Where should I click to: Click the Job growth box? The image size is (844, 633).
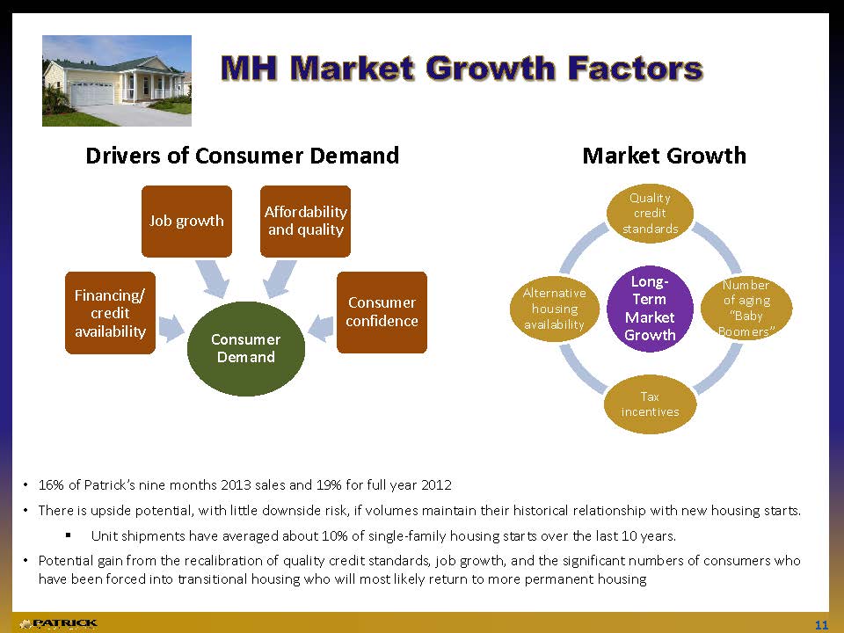[186, 222]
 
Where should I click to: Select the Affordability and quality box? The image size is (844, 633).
[305, 222]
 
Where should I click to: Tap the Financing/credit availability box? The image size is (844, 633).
[111, 313]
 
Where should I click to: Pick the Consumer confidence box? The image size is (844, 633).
[382, 312]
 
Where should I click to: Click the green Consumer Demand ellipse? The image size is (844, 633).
[246, 349]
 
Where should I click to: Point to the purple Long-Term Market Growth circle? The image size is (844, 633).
[650, 309]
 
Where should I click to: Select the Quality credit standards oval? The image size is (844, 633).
[650, 213]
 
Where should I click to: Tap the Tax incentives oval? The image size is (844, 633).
[650, 404]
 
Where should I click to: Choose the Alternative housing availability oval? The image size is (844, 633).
[555, 309]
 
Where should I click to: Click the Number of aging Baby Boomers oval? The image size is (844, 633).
[746, 308]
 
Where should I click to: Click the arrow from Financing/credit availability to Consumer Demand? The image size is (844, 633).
[171, 328]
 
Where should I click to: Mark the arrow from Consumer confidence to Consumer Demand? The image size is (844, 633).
[321, 328]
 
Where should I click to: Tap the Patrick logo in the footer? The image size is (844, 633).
[58, 624]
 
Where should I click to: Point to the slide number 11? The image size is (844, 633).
[821, 625]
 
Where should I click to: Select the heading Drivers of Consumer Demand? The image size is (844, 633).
[243, 156]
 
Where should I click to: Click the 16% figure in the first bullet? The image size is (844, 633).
[52, 485]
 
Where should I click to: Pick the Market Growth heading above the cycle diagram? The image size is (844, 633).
[665, 156]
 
